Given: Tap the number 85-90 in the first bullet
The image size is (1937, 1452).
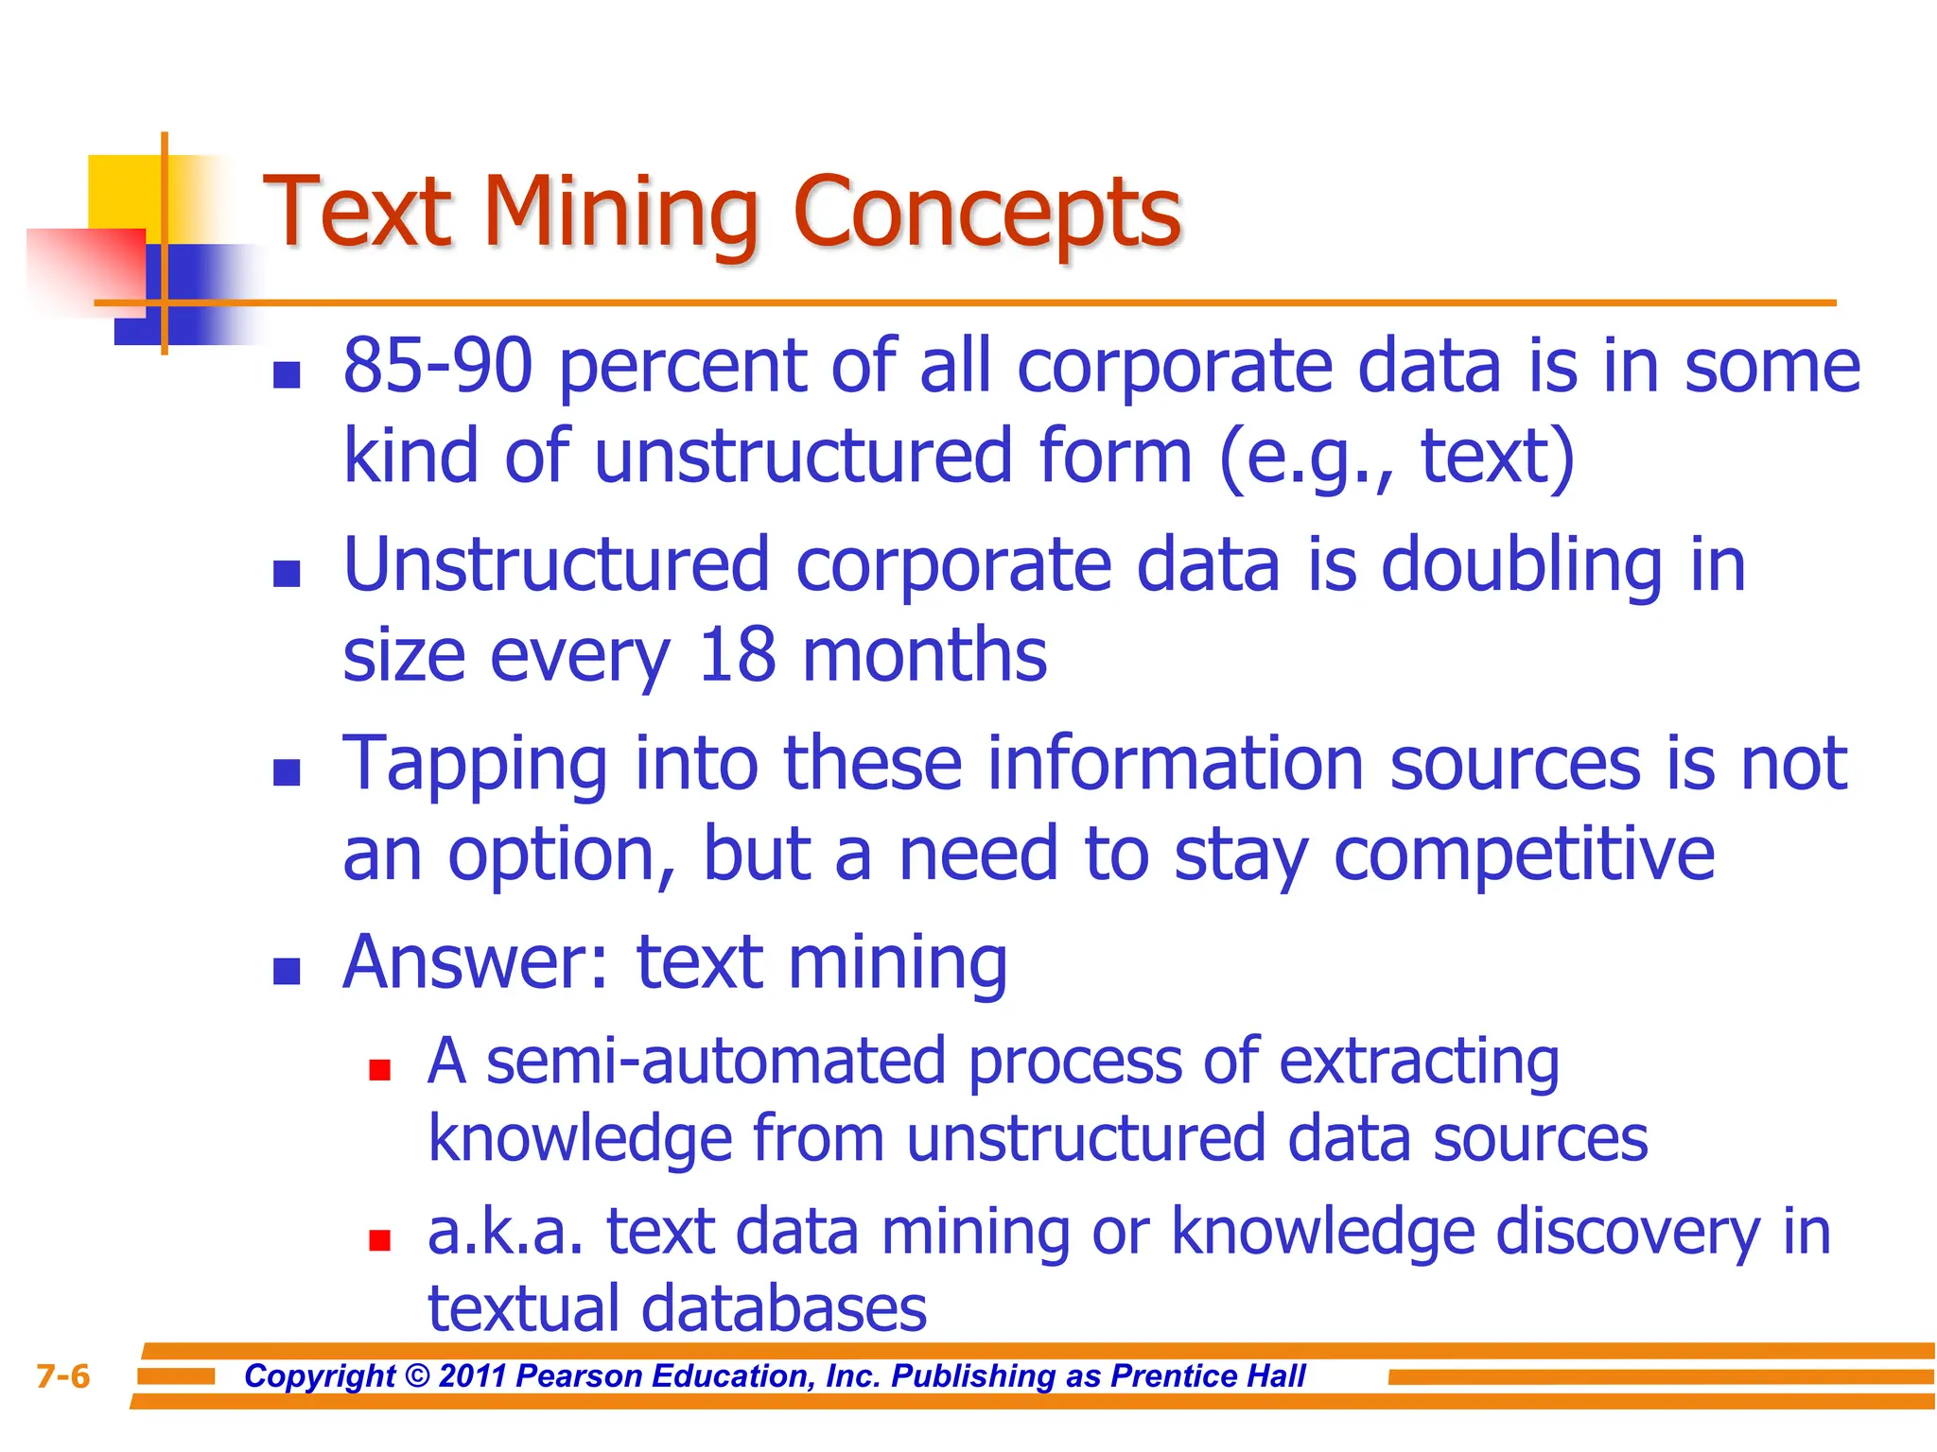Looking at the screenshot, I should point(438,367).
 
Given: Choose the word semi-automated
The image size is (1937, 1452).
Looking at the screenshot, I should point(716,1062).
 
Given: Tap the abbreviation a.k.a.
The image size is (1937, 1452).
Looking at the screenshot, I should point(504,1233).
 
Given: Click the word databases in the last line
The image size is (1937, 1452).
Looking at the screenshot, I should point(783,1310).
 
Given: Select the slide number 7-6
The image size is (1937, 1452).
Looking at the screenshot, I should point(63,1376).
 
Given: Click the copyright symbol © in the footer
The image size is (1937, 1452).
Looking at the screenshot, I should point(417,1376).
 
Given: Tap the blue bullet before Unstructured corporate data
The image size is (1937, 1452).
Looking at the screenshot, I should point(287,574).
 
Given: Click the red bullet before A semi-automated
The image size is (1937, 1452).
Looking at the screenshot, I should point(380,1070).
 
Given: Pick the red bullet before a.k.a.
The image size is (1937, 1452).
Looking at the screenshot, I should point(380,1240).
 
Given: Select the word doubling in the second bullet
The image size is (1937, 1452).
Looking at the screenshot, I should point(1521,566).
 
